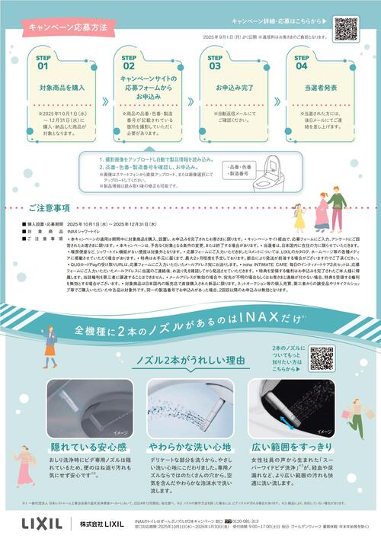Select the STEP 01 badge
click(x=43, y=63)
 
